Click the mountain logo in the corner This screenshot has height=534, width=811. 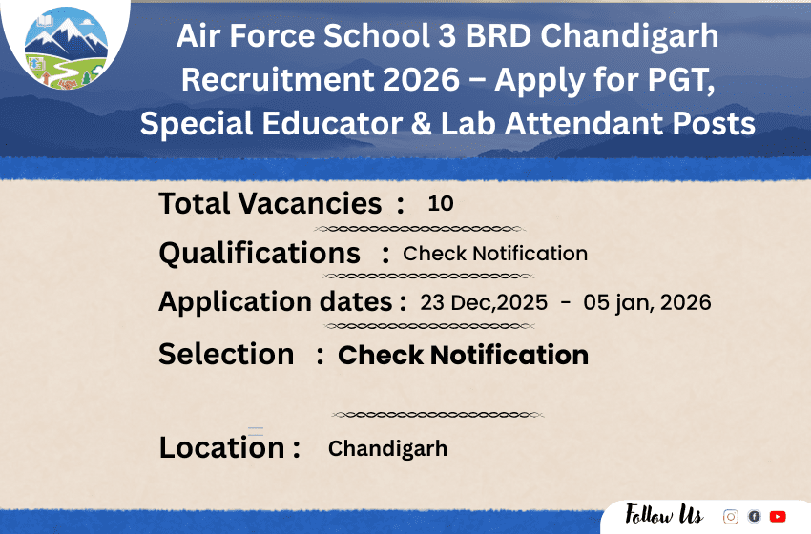[x=66, y=48]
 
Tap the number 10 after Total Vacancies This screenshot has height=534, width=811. [x=441, y=203]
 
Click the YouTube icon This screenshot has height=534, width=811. [x=778, y=516]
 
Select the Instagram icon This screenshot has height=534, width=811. [x=730, y=516]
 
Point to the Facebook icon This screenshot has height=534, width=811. [x=754, y=516]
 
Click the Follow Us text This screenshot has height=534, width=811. [x=664, y=515]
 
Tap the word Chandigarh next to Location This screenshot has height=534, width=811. [x=387, y=448]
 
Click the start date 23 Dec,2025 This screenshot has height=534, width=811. [x=484, y=303]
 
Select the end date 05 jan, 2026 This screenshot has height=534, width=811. [x=647, y=303]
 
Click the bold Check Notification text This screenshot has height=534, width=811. [x=463, y=355]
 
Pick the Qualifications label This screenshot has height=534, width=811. [x=260, y=254]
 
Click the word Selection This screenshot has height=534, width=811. [x=226, y=354]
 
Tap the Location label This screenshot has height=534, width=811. [x=222, y=447]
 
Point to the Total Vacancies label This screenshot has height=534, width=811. [x=270, y=203]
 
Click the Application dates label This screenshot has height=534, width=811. [x=276, y=302]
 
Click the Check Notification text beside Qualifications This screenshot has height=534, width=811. [x=495, y=254]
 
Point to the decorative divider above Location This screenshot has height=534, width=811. [x=438, y=415]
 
